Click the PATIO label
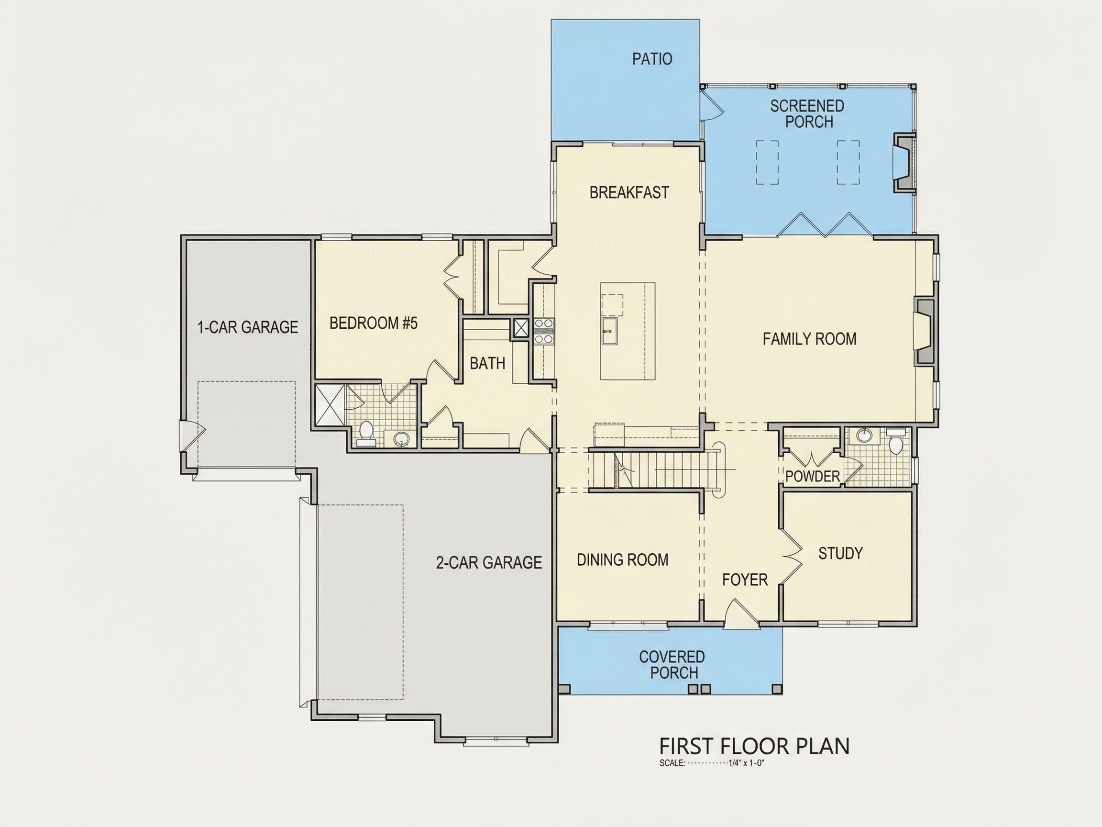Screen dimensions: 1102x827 652,59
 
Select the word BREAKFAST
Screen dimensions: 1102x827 629,192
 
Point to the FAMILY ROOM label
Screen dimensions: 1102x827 810,339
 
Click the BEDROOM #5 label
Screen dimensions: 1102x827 374,324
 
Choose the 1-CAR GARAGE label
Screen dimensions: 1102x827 248,327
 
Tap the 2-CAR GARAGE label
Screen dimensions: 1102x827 489,562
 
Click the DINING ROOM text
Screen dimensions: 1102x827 623,560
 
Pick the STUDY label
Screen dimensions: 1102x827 840,553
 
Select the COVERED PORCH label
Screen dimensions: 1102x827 672,664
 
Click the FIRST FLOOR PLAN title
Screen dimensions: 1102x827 754,746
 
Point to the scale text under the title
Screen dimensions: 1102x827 711,763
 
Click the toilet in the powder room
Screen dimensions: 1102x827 894,443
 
